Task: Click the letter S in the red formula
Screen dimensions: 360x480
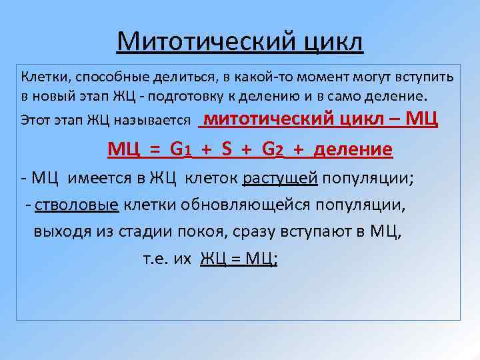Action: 226,149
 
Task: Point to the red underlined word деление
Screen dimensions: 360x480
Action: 353,149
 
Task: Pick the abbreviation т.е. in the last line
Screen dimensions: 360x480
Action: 156,259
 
